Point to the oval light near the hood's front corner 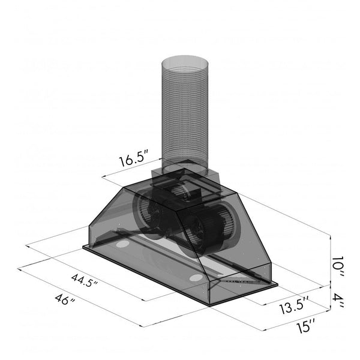click(195, 277)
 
